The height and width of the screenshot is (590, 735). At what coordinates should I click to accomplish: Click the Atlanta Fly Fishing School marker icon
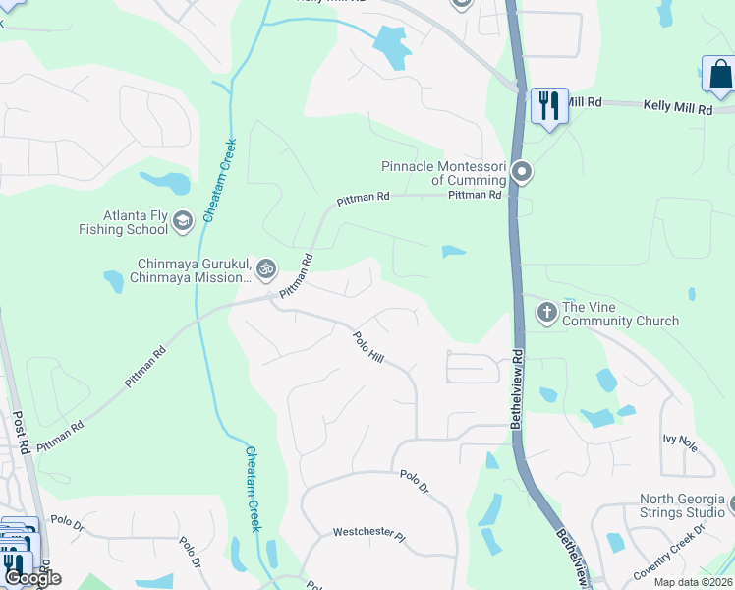pyautogui.click(x=182, y=222)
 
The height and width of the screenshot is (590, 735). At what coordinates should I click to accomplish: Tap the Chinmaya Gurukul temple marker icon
pyautogui.click(x=264, y=268)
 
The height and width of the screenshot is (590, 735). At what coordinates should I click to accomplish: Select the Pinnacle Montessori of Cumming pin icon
pyautogui.click(x=523, y=173)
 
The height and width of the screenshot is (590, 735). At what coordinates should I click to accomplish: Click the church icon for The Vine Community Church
pyautogui.click(x=546, y=313)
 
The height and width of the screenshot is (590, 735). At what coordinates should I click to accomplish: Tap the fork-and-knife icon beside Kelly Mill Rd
pyautogui.click(x=549, y=104)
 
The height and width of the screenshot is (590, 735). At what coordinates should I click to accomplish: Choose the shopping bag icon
pyautogui.click(x=719, y=75)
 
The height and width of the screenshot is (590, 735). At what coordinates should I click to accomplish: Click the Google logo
pyautogui.click(x=31, y=578)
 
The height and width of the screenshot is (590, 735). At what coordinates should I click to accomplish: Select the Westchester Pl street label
pyautogui.click(x=368, y=535)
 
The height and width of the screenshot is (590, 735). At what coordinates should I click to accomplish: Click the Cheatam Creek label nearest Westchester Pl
pyautogui.click(x=253, y=488)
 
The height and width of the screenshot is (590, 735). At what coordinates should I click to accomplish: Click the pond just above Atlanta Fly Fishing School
pyautogui.click(x=165, y=182)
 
